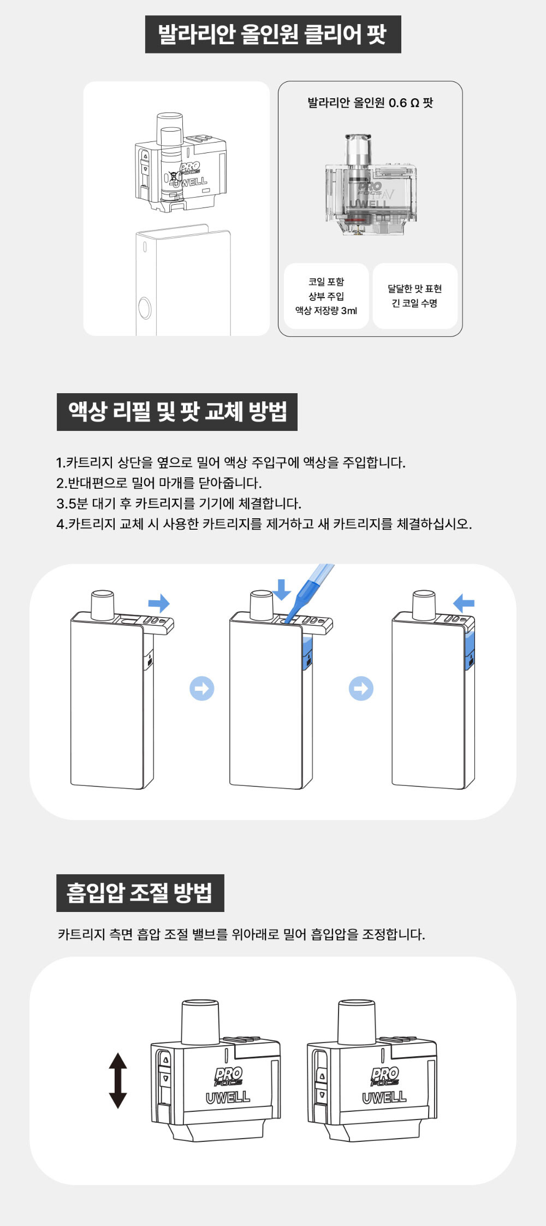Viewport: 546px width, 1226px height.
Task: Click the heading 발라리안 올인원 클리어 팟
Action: pos(272,34)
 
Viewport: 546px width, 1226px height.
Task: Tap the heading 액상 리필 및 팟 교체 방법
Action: pos(177,412)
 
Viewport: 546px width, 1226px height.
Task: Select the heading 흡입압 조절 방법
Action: pos(140,893)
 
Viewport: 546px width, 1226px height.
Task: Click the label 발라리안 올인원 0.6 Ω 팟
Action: pos(370,103)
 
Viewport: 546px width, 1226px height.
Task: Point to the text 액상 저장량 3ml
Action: pos(326,311)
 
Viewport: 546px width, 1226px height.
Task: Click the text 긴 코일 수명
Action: pos(414,304)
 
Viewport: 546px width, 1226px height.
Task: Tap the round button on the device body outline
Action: pos(145,308)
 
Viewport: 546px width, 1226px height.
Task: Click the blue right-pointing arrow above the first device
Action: pos(159,603)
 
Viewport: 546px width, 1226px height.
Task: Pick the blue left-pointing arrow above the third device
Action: pos(464,603)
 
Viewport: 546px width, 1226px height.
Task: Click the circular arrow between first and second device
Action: pos(202,689)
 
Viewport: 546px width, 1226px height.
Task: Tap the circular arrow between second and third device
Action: pos(361,689)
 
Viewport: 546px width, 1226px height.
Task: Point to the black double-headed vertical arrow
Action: pos(118,1081)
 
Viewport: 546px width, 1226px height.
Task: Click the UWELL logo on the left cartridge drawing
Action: pos(228,1097)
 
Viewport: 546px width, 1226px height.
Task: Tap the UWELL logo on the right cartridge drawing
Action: pos(384,1097)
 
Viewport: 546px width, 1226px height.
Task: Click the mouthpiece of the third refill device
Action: pos(424,605)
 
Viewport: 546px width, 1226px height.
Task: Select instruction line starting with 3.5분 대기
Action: pos(179,504)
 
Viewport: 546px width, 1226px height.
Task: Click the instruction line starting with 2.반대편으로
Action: pos(159,483)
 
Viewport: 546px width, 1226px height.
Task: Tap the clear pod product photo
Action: pos(371,185)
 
